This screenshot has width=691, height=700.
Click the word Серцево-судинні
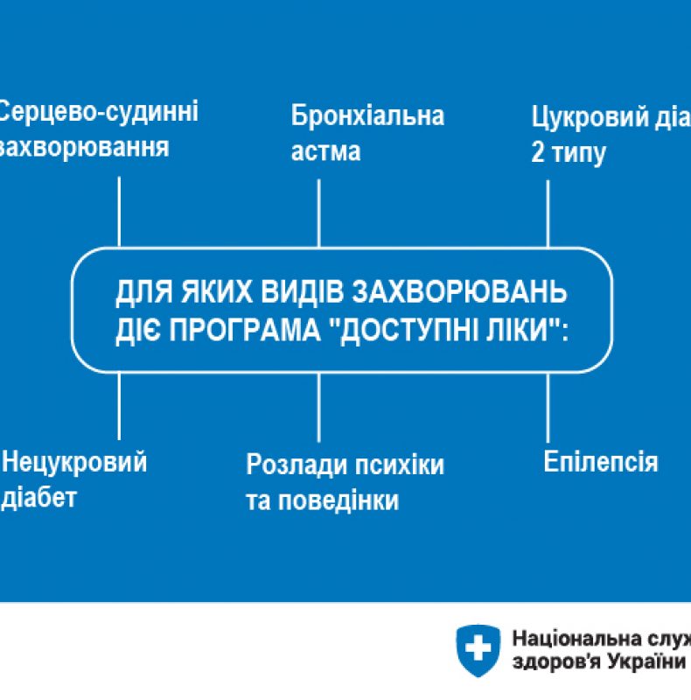pos(99,112)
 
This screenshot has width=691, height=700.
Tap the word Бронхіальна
pos(367,115)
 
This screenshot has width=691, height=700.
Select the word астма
pos(325,150)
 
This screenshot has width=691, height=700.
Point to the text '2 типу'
pos(569,153)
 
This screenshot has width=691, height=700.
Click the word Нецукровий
pos(74,462)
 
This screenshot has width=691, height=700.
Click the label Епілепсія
pos(600,461)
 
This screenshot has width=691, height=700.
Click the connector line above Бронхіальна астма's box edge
pos(318,213)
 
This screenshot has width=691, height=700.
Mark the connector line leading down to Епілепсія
pos(548,407)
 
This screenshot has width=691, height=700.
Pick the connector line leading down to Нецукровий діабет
pos(119,407)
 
